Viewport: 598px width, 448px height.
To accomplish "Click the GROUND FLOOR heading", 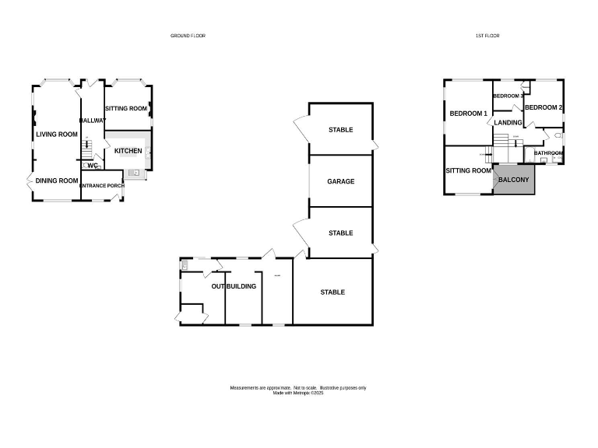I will tap(188, 36).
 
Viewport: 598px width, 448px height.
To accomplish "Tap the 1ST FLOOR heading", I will tap(487, 36).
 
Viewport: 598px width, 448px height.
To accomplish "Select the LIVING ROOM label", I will tap(57, 135).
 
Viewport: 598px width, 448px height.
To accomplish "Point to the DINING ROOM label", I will tap(57, 181).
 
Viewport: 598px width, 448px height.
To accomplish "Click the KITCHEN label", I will tap(128, 151).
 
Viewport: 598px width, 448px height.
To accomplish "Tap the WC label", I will tap(92, 166).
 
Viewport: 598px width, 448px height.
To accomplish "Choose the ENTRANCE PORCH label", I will tap(101, 186).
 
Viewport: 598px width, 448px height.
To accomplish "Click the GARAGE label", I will tap(340, 181).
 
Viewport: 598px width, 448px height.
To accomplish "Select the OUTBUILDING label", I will tap(234, 287).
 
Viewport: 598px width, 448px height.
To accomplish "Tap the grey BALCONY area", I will tap(514, 180).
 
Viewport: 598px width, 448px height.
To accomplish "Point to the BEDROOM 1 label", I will tap(469, 114).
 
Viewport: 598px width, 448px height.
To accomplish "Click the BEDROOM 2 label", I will tap(543, 107).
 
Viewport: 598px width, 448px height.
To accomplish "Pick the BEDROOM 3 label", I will tap(508, 96).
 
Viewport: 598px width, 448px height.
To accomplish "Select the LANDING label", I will tap(508, 122).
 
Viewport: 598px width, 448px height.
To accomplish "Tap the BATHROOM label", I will tap(548, 153).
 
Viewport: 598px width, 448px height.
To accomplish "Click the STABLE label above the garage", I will tap(340, 130).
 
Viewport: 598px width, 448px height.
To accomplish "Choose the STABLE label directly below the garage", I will tap(340, 233).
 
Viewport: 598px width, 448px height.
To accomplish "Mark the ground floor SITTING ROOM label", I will tap(126, 109).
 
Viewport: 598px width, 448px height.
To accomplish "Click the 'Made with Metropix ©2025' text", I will tap(297, 393).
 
